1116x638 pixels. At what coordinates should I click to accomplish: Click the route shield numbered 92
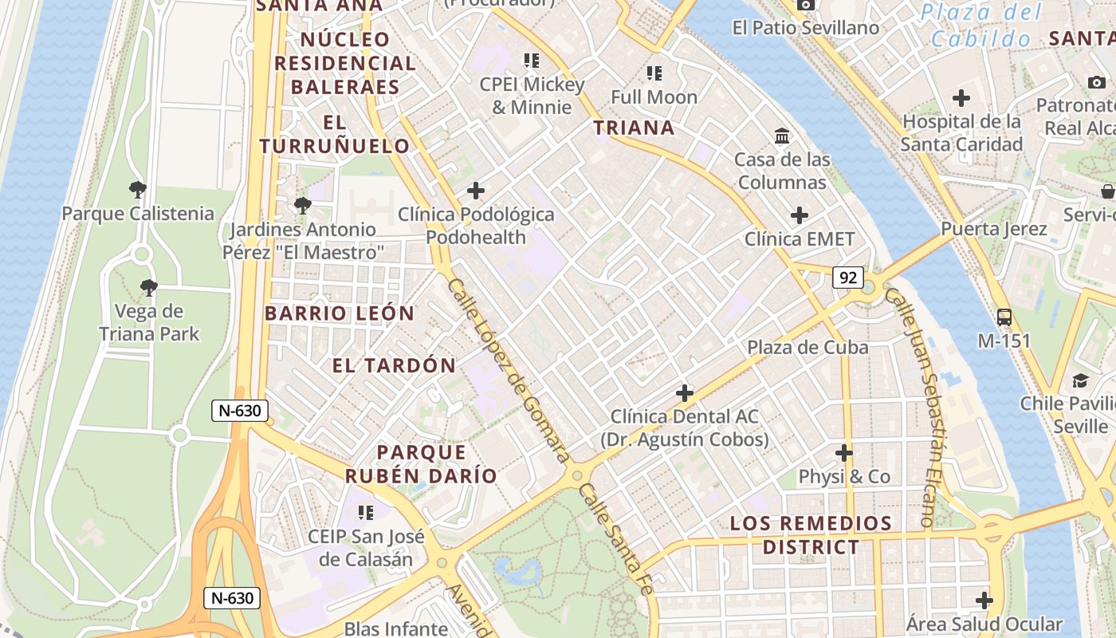click(848, 278)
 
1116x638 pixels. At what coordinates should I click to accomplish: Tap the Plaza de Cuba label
click(808, 348)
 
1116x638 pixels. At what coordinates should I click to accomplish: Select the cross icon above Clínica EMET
click(799, 215)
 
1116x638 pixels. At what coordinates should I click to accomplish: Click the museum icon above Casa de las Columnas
click(782, 136)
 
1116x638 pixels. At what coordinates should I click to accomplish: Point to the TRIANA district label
click(634, 128)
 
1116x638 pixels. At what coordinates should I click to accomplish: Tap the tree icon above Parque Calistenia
click(138, 190)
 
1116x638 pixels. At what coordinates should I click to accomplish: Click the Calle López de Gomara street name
click(508, 370)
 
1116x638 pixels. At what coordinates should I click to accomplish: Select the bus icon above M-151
click(1004, 317)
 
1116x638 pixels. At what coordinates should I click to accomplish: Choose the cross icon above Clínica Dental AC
click(684, 392)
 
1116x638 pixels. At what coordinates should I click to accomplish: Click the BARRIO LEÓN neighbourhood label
click(340, 313)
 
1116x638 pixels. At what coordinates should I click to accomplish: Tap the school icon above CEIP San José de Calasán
click(366, 512)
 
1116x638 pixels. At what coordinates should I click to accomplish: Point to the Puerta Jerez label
click(993, 229)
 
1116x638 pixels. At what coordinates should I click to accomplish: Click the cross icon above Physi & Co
click(844, 453)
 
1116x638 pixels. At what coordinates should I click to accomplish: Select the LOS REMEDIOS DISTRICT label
click(811, 535)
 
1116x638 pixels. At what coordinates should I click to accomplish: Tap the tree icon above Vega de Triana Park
click(148, 287)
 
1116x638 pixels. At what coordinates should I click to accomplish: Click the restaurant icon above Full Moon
click(654, 73)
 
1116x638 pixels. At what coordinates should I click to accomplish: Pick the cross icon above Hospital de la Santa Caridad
click(961, 98)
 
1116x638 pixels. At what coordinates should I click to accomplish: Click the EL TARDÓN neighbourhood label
click(394, 366)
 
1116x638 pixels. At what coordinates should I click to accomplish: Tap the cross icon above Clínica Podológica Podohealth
click(476, 191)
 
